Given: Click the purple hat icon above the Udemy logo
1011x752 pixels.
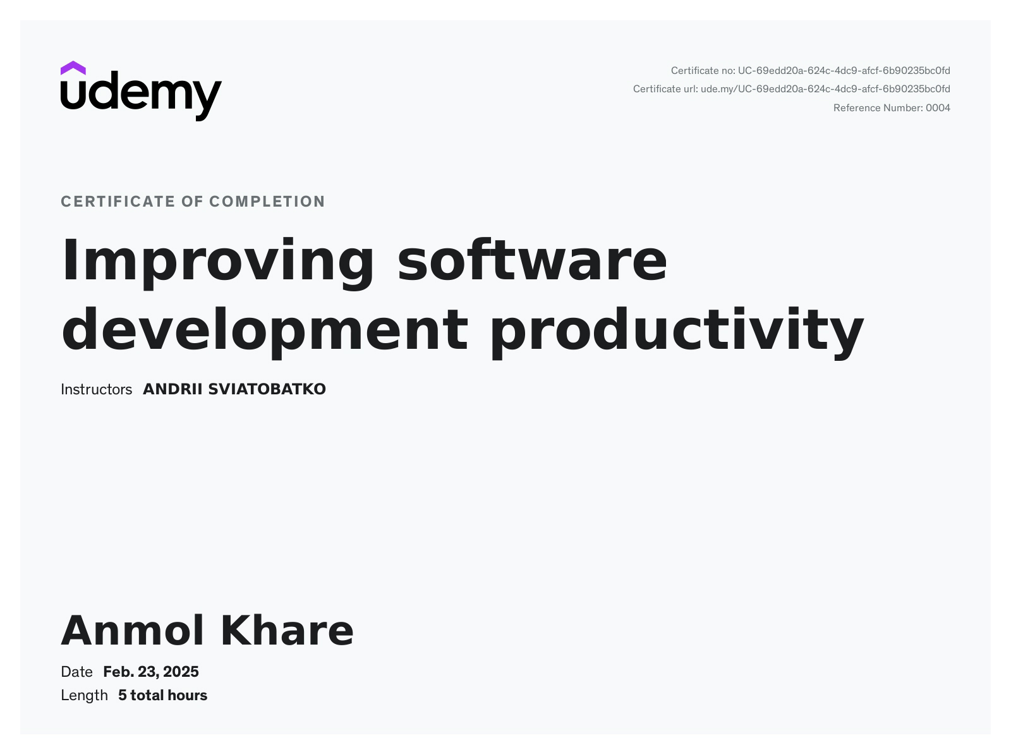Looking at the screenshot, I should (x=73, y=68).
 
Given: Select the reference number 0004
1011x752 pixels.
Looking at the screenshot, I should (x=938, y=108).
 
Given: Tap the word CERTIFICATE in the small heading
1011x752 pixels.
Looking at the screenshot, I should (x=118, y=202).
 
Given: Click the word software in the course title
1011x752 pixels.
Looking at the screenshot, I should (x=532, y=261).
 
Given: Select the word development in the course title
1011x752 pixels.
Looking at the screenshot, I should (x=265, y=330).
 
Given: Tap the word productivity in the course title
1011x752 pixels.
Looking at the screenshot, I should (x=676, y=330).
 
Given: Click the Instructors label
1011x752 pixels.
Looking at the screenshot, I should (x=96, y=389).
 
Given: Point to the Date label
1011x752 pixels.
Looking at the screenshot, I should (x=76, y=672).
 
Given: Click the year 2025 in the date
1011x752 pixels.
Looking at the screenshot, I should (x=181, y=672).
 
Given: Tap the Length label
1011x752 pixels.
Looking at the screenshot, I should (x=84, y=695).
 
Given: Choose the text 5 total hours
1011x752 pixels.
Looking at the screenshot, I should (x=162, y=695).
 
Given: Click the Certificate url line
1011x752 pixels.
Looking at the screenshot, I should (x=791, y=89).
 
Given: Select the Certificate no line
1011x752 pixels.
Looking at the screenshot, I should (x=810, y=71).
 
